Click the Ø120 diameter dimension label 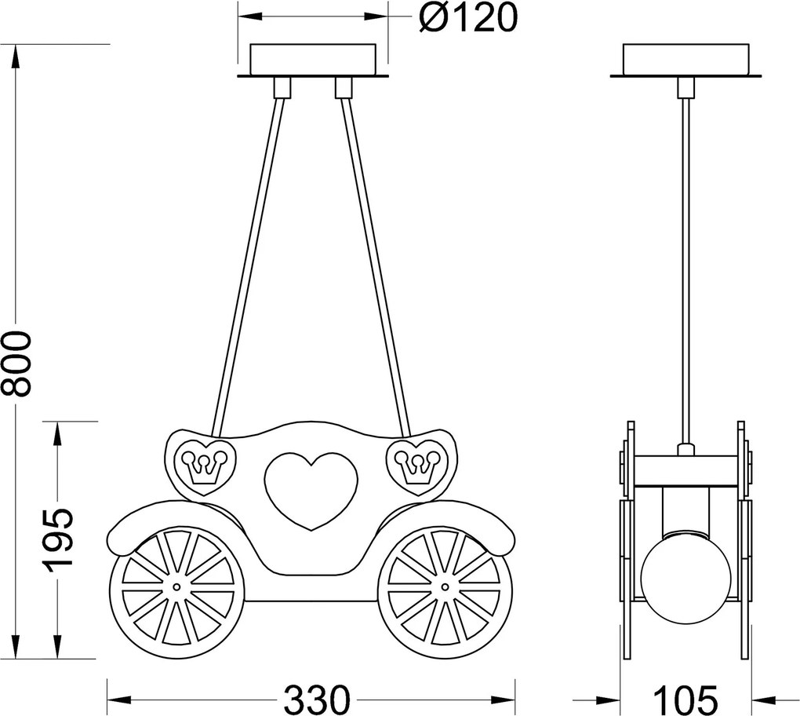pos(468,18)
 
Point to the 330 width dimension pos(316,698)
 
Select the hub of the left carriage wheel pos(176,586)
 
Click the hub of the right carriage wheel pos(445,586)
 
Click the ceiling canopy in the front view pos(312,60)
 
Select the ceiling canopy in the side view pos(686,60)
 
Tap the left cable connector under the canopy pos(282,87)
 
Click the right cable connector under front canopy pos(343,87)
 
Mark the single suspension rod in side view pos(686,267)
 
